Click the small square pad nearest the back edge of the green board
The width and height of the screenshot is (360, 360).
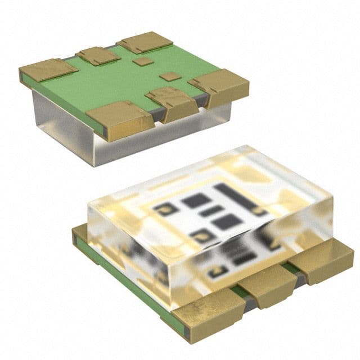[x=144, y=61]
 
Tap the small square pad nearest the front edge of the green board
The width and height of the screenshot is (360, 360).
[x=169, y=76]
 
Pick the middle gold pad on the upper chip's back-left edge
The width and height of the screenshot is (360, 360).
[x=98, y=55]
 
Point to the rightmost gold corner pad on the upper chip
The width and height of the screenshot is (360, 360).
[x=219, y=84]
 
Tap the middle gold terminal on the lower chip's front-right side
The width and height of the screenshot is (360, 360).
[x=268, y=284]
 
